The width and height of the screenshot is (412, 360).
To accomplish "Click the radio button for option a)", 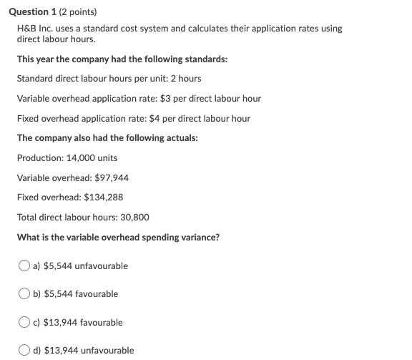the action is pyautogui.click(x=25, y=266).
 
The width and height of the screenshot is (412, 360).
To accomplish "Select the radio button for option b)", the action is pyautogui.click(x=25, y=294).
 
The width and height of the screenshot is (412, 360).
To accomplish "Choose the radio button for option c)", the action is pyautogui.click(x=25, y=323).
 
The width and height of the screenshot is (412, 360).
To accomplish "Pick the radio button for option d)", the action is pyautogui.click(x=25, y=351).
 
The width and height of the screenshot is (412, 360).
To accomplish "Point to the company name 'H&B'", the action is pyautogui.click(x=27, y=29).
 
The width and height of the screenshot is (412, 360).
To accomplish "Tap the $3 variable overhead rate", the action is pyautogui.click(x=165, y=98).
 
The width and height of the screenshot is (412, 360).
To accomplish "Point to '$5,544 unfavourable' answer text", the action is pyautogui.click(x=86, y=266).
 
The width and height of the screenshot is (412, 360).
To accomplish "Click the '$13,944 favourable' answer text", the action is pyautogui.click(x=83, y=323).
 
